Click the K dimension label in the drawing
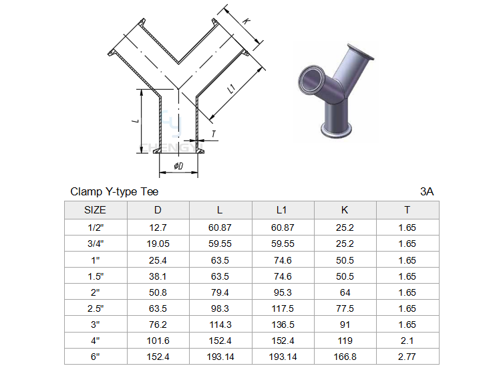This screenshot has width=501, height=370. point(246,21)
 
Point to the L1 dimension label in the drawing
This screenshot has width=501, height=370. point(232,89)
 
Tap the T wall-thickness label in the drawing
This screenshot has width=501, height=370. point(214,134)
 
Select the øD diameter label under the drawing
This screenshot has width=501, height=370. point(178,166)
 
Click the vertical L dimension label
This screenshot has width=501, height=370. point(136,120)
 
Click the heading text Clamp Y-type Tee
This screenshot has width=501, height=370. point(114,191)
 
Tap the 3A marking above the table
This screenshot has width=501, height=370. point(427,191)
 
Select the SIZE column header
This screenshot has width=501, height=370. point(95,210)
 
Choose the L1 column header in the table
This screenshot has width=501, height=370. point(281,210)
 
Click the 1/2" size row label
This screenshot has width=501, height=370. point(96,227)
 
